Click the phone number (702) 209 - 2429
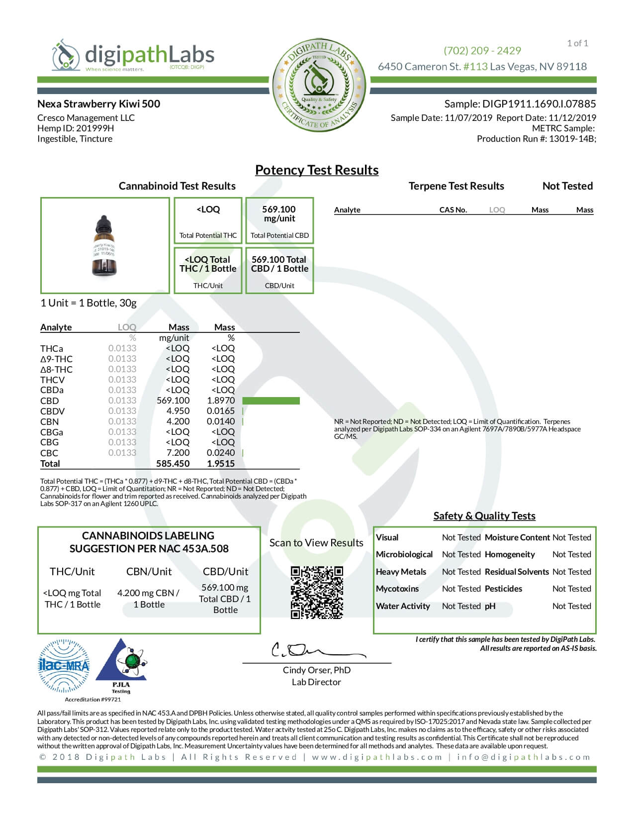tap(482, 51)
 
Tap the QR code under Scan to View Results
tap(317, 592)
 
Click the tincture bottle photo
tap(104, 246)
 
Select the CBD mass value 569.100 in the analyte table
tap(173, 401)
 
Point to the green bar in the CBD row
tap(271, 401)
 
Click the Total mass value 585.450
tap(173, 464)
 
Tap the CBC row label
tap(49, 453)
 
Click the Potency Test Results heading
tap(317, 170)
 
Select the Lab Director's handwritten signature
tap(313, 650)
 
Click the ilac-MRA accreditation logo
tap(64, 666)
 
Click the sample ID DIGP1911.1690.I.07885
tap(539, 104)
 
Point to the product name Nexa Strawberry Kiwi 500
tap(98, 104)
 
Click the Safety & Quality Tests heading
tap(484, 516)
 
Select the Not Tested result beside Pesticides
tap(571, 589)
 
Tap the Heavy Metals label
tap(401, 572)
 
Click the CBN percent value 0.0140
tap(221, 421)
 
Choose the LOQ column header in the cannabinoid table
tap(127, 327)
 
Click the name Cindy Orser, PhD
tap(317, 670)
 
